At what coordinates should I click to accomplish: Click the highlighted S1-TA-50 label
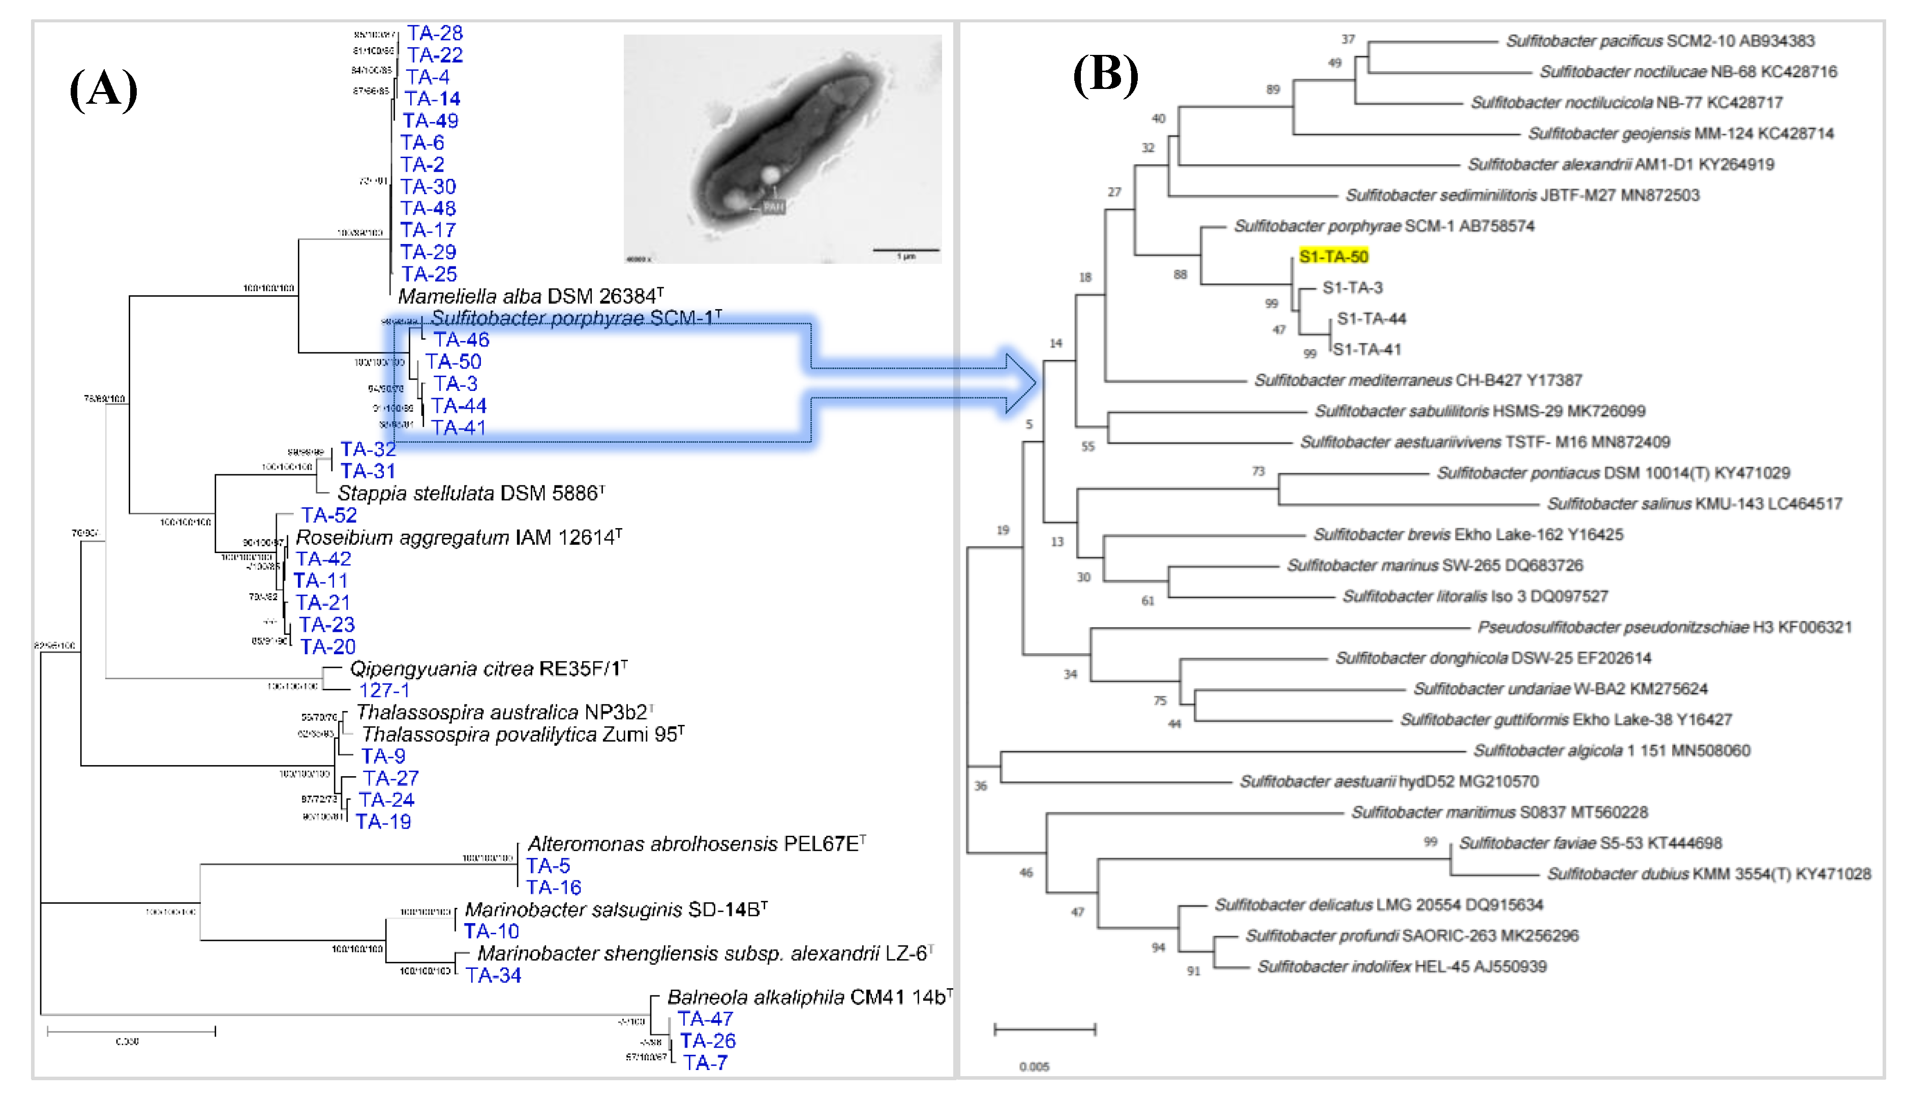click(x=1333, y=256)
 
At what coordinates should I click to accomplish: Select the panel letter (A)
click(x=103, y=89)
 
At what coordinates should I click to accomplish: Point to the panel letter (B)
click(x=1105, y=75)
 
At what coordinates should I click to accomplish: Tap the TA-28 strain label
click(x=435, y=33)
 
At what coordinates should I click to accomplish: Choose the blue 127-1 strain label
click(x=384, y=690)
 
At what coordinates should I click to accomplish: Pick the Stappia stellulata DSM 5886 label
click(x=470, y=493)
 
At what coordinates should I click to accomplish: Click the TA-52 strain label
click(x=329, y=515)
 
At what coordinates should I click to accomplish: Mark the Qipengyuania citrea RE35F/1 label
click(x=488, y=668)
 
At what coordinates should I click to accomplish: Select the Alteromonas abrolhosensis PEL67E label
click(x=695, y=843)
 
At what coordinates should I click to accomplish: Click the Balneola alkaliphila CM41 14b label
click(x=808, y=997)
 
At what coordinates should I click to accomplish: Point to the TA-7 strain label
click(x=705, y=1062)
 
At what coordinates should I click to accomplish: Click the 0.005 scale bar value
click(x=1034, y=1066)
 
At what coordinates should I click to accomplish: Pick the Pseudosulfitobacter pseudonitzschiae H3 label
click(x=1664, y=627)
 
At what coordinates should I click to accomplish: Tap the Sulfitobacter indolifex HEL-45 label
click(x=1402, y=966)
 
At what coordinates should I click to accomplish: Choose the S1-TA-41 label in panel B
click(x=1367, y=349)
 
